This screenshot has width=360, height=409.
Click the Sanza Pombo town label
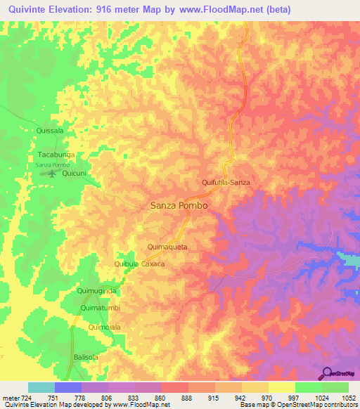coord(179,206)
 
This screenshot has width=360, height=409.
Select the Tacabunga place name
coord(56,153)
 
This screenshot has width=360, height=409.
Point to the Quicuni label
coord(74,173)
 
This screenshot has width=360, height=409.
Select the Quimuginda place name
coord(96,290)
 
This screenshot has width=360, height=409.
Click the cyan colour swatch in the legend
coord(41,387)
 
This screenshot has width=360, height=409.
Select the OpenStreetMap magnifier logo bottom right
coord(327,374)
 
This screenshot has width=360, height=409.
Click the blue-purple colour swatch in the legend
coord(68,387)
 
